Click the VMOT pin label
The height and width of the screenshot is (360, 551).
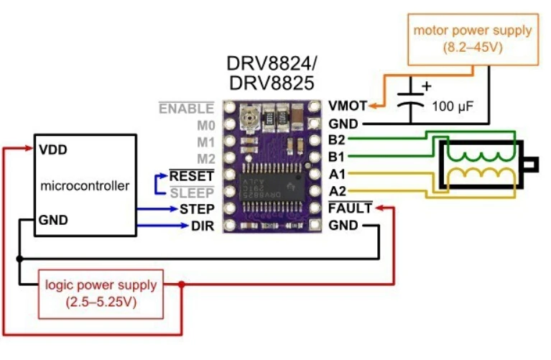pos(348,106)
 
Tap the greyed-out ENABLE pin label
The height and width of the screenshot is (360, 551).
pos(186,109)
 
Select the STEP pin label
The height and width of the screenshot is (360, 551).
pos(197,209)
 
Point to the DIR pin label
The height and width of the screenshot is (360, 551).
pos(203,226)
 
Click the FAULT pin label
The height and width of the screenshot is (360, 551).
pos(350,208)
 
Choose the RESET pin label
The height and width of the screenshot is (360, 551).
pos(192,175)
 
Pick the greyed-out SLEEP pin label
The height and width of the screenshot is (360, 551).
pos(192,193)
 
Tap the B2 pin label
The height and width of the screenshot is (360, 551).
pos(336,140)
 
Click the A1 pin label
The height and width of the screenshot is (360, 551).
pos(337,174)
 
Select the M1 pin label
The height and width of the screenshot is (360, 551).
pos(206,142)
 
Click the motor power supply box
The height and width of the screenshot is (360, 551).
pos(473,40)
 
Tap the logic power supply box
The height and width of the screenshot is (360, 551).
pos(101,295)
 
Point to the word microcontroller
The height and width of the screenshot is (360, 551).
pos(85,185)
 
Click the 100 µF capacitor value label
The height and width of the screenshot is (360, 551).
pos(453,106)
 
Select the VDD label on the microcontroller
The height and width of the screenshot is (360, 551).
pos(53,150)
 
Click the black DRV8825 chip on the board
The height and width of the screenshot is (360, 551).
pos(272,187)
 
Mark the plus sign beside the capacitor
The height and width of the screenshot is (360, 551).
pos(427,86)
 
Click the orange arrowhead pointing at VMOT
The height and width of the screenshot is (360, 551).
pos(373,106)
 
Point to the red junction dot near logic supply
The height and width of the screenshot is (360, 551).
pos(181,284)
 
